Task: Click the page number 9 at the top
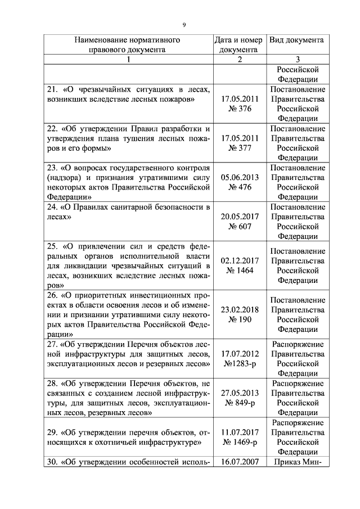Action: pos(183,24)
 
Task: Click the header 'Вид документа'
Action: pos(296,40)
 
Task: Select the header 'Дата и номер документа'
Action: pos(238,45)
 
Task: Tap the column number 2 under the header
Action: pos(238,60)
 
